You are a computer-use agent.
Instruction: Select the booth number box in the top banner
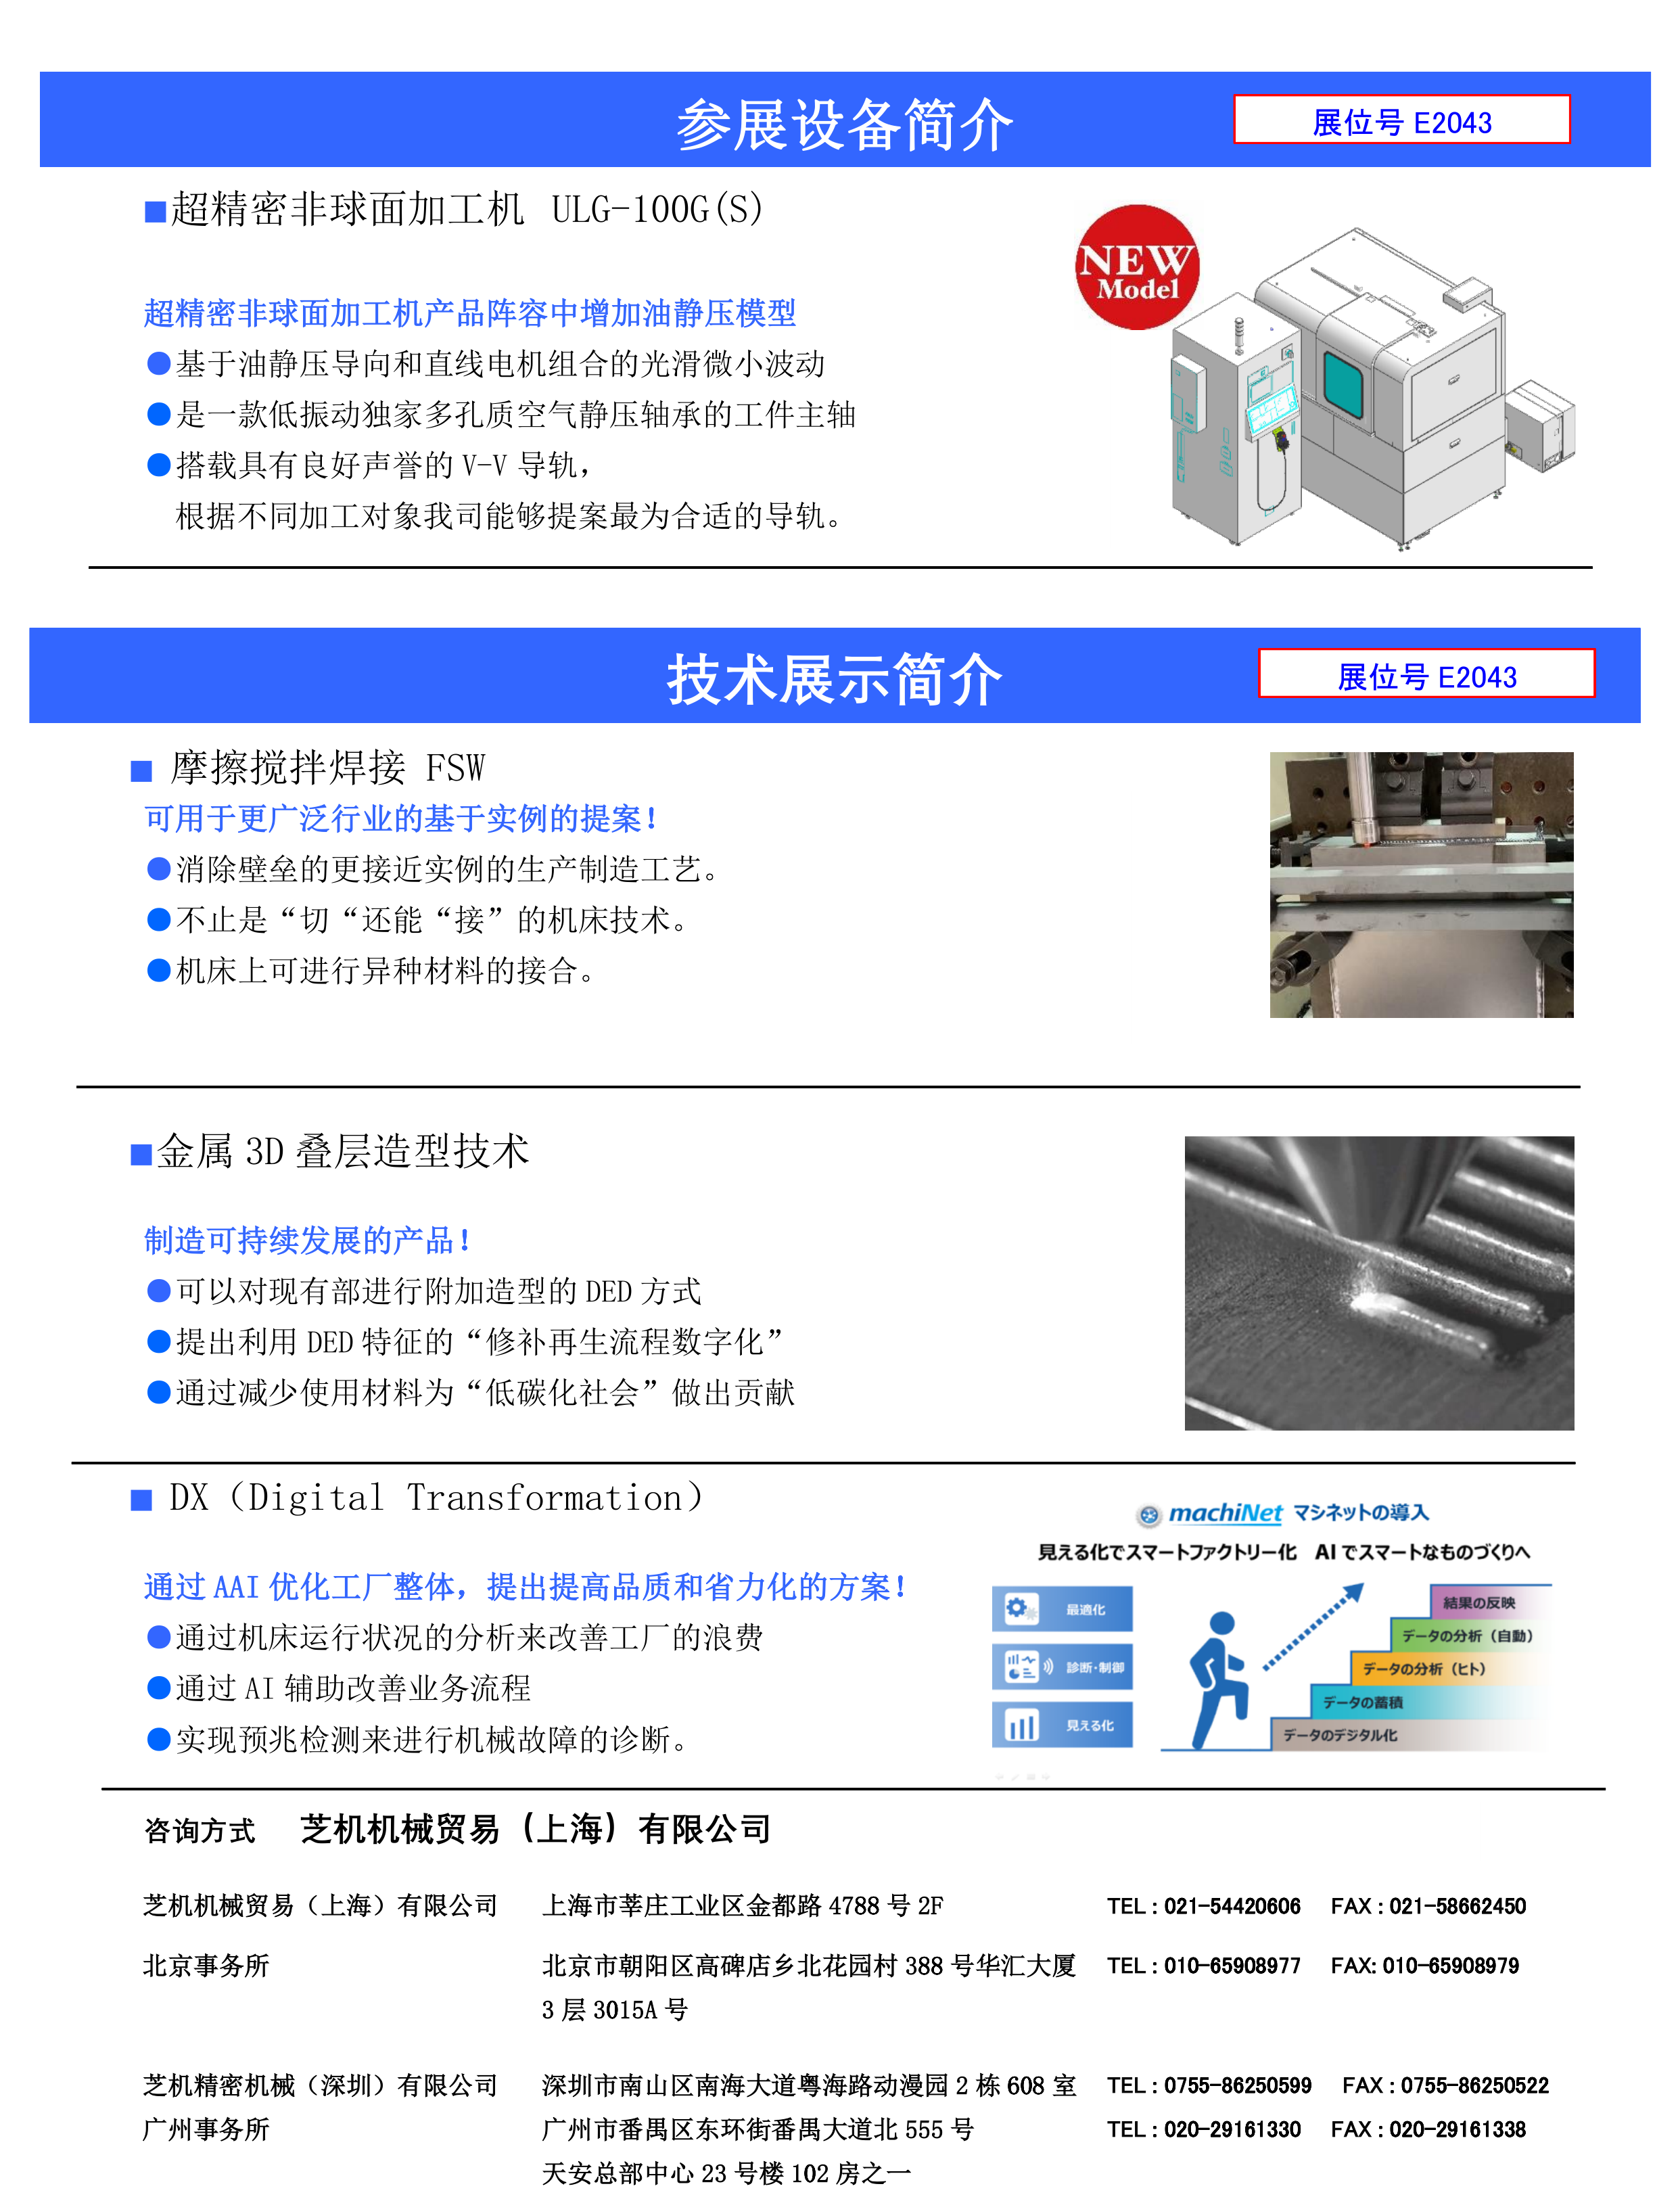click(x=1401, y=120)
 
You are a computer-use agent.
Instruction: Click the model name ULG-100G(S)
click(x=657, y=210)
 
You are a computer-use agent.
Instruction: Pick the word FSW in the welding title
click(x=455, y=768)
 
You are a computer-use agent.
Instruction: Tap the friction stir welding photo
click(x=1420, y=885)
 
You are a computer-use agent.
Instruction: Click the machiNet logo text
click(x=1225, y=1513)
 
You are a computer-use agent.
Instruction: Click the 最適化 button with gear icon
click(x=1062, y=1608)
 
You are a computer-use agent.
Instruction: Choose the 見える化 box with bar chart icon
click(x=1062, y=1725)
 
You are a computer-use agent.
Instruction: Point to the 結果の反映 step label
click(x=1478, y=1603)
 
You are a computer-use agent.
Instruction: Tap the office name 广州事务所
click(x=206, y=2129)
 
